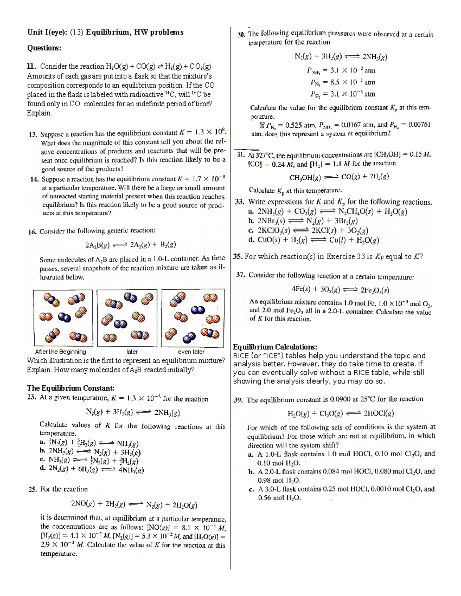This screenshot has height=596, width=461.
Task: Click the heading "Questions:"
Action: tap(44, 48)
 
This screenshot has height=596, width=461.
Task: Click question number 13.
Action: tap(33, 134)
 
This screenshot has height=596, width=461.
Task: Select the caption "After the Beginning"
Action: tap(60, 352)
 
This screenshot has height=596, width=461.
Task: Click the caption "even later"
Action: tap(191, 352)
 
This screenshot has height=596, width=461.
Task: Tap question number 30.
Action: tap(242, 35)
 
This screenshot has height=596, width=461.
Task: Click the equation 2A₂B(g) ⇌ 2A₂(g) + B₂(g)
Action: tap(130, 245)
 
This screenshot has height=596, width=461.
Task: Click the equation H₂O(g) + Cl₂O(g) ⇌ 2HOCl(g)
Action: tap(340, 414)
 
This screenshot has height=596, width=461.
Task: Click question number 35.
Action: tap(238, 257)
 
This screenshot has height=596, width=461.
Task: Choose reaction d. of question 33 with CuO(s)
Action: tap(314, 241)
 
